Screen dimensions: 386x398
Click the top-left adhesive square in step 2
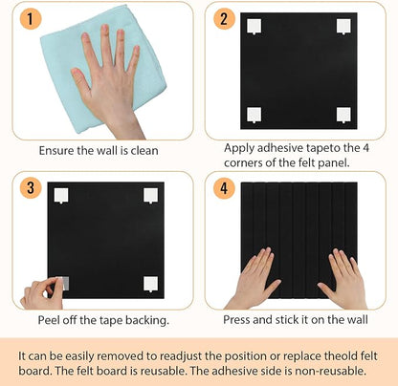(254, 27)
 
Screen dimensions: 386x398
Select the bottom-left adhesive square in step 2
(254, 114)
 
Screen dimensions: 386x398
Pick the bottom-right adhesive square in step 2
(343, 114)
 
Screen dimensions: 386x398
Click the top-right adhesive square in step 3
(151, 195)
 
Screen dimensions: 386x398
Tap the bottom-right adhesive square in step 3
(151, 282)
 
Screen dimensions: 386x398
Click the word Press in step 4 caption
(240, 320)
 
